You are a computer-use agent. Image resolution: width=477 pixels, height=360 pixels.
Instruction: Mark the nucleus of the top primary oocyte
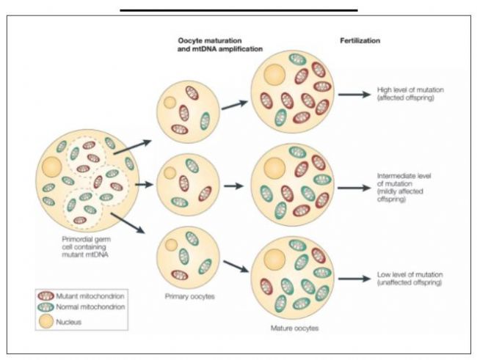(x=169, y=103)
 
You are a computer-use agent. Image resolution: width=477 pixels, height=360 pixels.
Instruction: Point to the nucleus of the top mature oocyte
(x=274, y=74)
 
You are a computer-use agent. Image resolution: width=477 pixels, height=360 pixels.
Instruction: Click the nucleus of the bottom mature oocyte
(x=274, y=258)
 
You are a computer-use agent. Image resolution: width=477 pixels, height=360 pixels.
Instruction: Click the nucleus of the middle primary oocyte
(x=169, y=174)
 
